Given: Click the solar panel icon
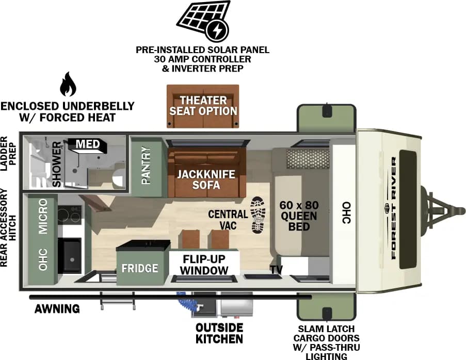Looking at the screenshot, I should coord(203,21).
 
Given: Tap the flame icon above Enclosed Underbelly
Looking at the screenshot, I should coord(67,85).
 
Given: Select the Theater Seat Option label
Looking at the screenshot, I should coord(203,105).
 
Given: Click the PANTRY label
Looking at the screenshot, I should coord(147,166).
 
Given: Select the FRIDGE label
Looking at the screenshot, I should coord(140,268).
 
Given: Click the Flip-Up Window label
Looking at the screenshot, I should coord(205,264).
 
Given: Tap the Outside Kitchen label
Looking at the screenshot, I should coord(219,333).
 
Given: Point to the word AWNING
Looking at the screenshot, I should coord(57,309).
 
